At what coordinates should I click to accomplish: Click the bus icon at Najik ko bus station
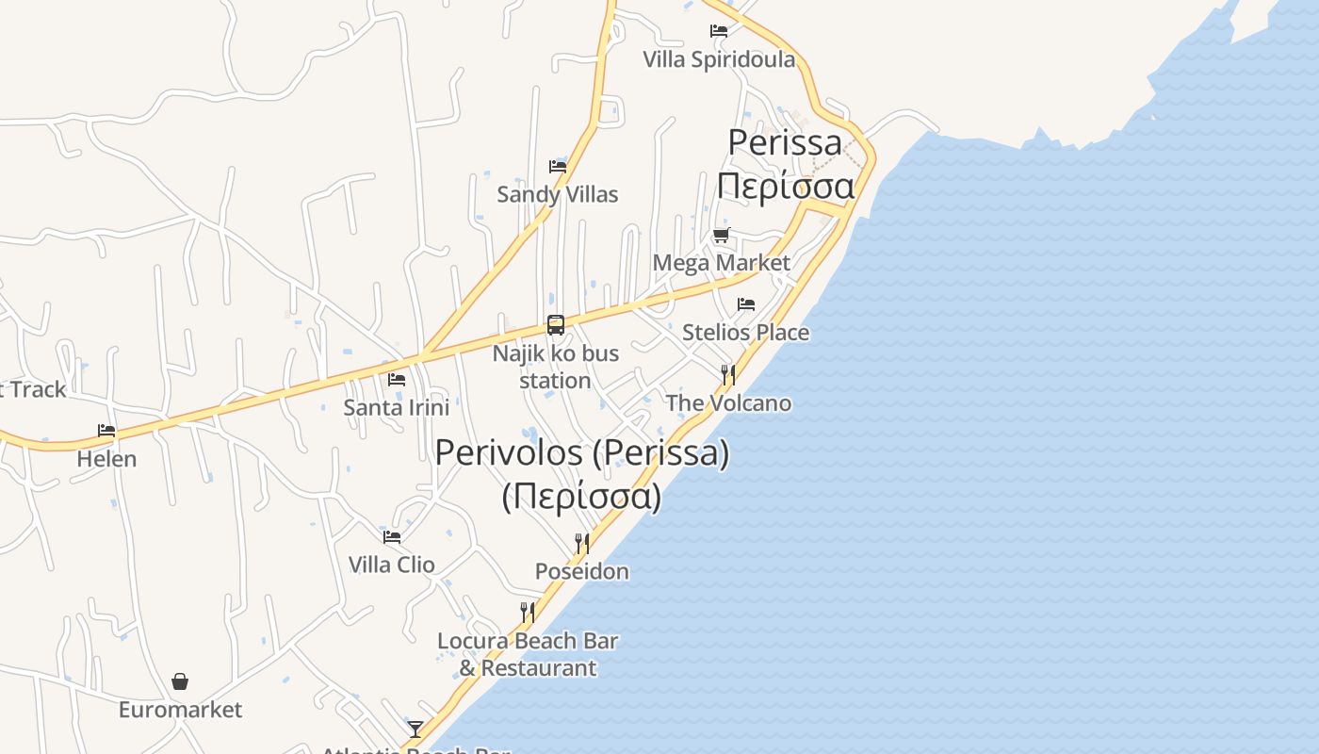coord(556,325)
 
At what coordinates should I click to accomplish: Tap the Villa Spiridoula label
coord(719,59)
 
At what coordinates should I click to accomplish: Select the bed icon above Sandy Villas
coord(558,167)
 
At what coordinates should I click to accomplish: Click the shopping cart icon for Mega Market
coord(722,235)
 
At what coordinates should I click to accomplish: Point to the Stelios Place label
coord(745,332)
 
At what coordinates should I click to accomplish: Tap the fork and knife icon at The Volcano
coord(728,375)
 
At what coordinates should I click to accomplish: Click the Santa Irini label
coord(396,407)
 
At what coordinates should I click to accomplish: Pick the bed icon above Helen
coord(106,431)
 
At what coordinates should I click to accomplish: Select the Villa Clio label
coord(392,565)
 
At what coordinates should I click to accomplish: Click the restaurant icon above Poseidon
coord(582,544)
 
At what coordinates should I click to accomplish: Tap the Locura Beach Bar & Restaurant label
coord(528,654)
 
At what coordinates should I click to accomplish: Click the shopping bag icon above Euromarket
coord(180,681)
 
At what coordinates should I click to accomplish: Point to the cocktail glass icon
coord(415,729)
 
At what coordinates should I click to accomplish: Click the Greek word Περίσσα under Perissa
coord(786,185)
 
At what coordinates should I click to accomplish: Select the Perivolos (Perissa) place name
coord(581,453)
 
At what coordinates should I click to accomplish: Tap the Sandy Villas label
coord(558,194)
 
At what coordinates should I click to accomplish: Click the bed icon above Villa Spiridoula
coord(719,31)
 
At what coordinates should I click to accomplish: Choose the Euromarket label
coord(180,709)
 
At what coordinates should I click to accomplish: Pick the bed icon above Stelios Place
coord(746,304)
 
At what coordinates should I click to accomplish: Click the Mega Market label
coord(722,262)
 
